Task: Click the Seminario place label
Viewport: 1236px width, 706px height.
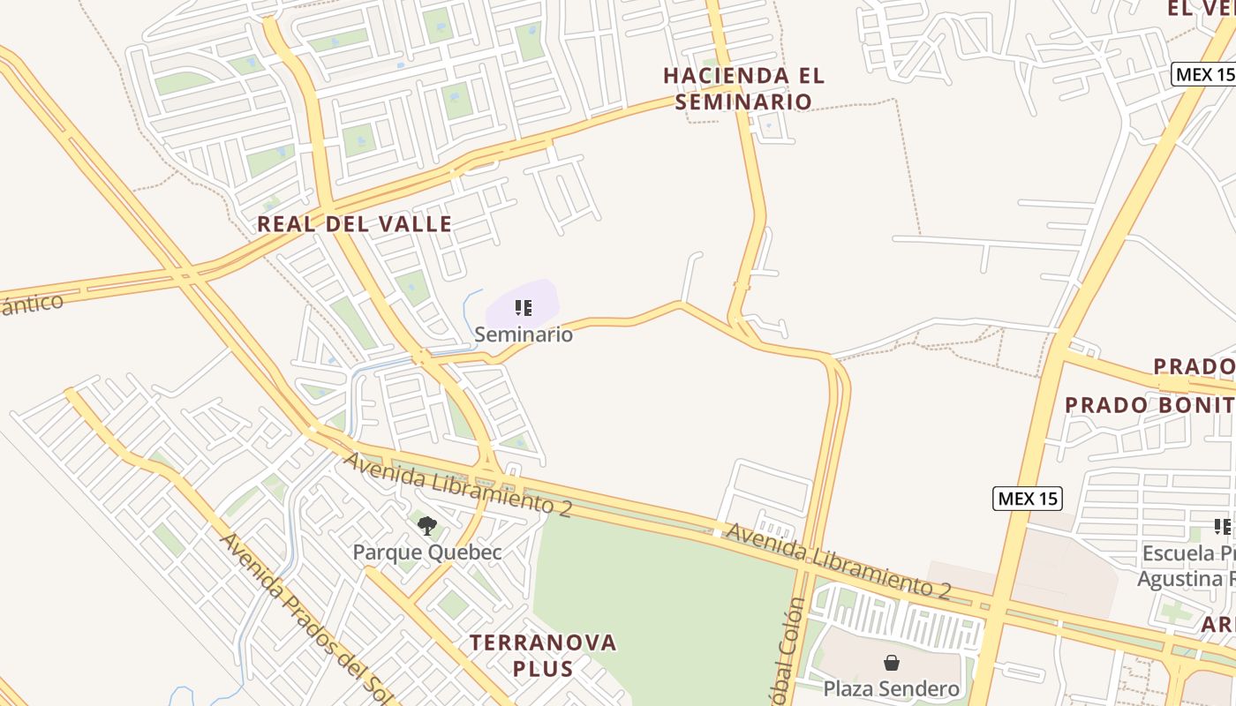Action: (x=524, y=334)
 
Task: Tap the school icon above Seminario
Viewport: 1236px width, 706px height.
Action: (x=524, y=308)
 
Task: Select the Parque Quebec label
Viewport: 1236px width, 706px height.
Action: (x=427, y=552)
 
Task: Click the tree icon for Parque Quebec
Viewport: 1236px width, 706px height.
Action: (x=427, y=527)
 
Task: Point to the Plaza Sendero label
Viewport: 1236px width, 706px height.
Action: (x=891, y=688)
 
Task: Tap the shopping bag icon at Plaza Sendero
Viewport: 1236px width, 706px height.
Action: (x=892, y=663)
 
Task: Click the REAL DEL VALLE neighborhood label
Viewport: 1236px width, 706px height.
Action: (x=355, y=224)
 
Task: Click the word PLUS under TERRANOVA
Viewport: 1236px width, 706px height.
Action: (x=543, y=668)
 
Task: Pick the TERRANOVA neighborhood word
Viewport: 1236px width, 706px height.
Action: (x=543, y=642)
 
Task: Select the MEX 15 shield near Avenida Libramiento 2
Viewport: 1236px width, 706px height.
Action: (x=1027, y=499)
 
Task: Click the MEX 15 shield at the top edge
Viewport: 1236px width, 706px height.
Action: (x=1204, y=75)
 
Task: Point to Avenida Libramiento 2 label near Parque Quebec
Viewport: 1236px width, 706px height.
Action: (x=457, y=483)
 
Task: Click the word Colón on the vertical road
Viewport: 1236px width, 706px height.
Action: (x=794, y=622)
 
